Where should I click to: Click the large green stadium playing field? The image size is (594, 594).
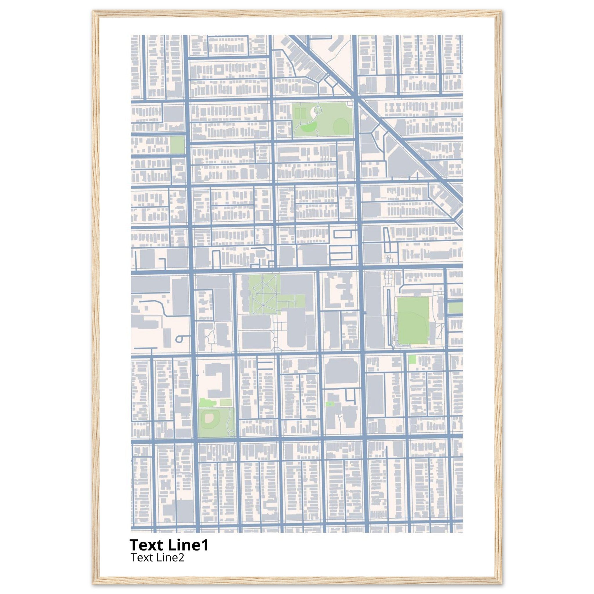(413, 321)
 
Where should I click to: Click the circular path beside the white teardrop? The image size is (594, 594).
(318, 109)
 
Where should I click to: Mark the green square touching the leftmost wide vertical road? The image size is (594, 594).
(177, 145)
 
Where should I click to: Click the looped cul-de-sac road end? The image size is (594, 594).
(179, 339)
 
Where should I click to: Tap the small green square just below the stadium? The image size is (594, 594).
(412, 359)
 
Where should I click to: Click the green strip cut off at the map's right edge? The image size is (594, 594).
(455, 308)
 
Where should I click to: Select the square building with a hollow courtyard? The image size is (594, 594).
(219, 70)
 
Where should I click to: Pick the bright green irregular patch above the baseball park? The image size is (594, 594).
(204, 403)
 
